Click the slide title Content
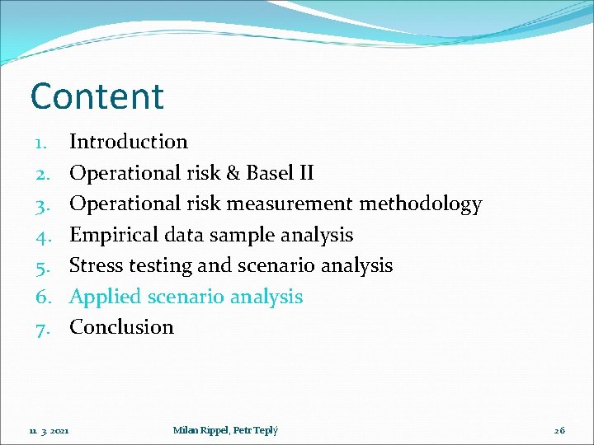click(x=97, y=96)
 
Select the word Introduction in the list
click(x=129, y=142)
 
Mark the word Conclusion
click(x=121, y=327)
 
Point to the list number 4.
click(x=43, y=236)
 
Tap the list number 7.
click(x=43, y=328)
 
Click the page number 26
click(x=559, y=430)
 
